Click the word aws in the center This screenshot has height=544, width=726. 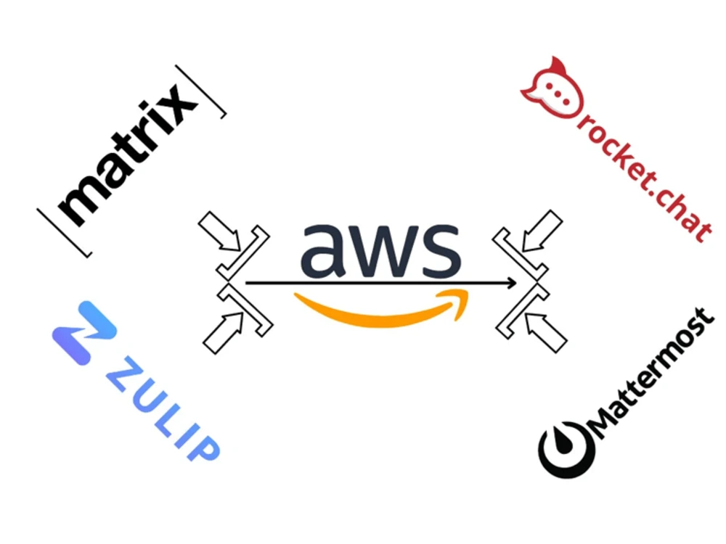pos(380,250)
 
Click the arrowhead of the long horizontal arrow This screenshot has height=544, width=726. pos(512,283)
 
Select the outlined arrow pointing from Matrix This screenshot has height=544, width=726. pos(221,232)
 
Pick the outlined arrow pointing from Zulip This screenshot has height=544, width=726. pos(223,333)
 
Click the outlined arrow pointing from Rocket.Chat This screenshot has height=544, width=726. pos(542,231)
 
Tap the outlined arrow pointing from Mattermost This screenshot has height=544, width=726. pos(545,332)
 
